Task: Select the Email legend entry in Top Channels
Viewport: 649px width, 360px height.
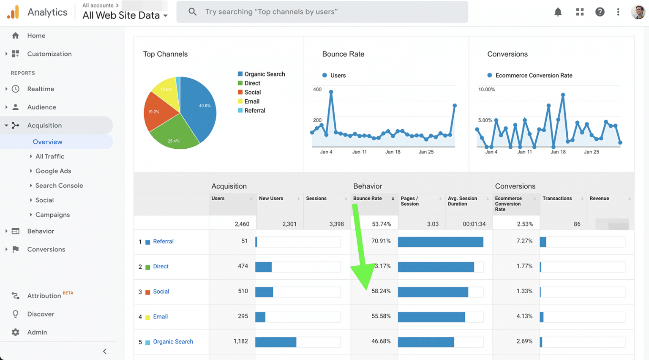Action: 251,101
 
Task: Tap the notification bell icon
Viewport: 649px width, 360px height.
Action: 558,12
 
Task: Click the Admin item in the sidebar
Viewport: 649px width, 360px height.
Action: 37,332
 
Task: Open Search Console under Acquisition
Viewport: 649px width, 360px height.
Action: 59,185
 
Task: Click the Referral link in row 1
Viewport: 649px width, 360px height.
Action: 163,241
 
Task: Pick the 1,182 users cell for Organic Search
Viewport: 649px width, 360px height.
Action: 240,341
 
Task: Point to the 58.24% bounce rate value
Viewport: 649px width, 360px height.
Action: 381,291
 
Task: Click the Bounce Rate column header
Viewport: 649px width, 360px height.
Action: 367,199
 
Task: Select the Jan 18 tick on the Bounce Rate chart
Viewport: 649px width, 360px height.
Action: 393,152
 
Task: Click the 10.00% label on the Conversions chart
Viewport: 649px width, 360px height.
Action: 486,90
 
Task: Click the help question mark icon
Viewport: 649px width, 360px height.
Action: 600,12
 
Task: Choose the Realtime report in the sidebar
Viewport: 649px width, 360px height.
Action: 41,89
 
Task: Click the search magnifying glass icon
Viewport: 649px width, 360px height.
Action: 192,12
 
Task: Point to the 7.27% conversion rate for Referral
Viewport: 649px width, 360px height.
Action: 524,241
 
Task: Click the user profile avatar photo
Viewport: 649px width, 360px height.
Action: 638,12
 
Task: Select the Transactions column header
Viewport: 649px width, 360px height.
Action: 557,199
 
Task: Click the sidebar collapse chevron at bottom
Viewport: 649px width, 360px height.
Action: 105,351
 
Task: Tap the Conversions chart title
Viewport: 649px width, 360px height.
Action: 507,54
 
